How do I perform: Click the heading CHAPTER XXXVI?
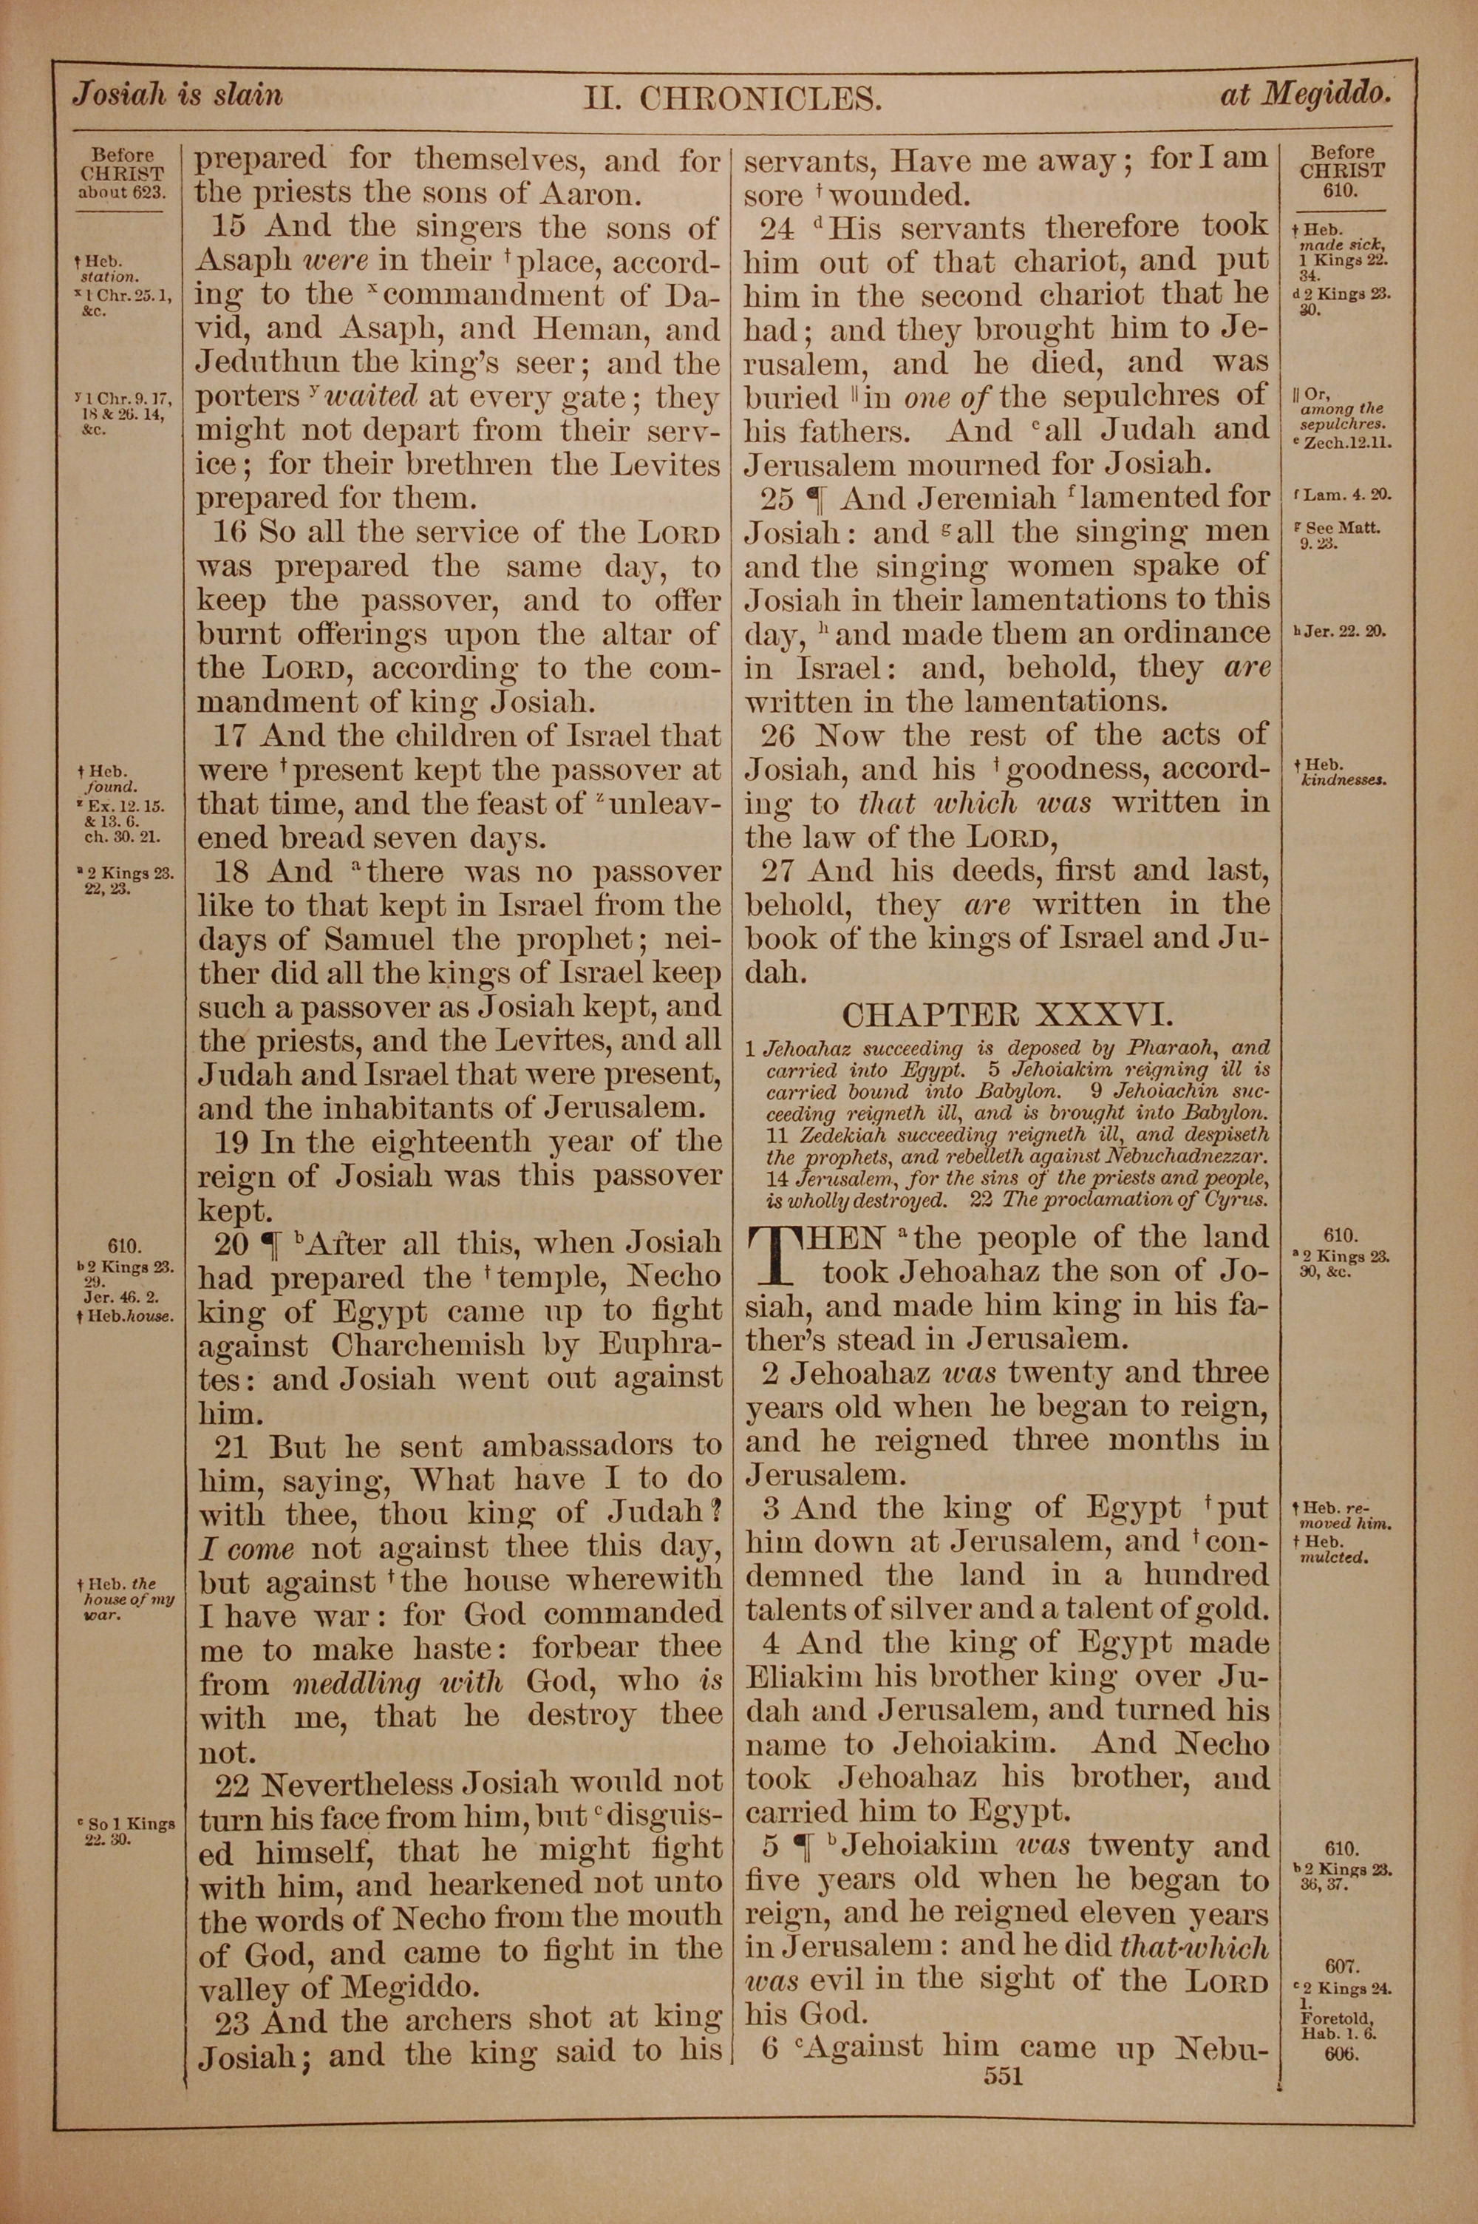[x=1007, y=1015]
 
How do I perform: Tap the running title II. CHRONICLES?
[x=732, y=98]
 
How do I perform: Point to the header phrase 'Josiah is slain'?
[x=178, y=95]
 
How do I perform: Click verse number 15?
[x=231, y=227]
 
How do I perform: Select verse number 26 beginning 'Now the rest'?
[x=779, y=736]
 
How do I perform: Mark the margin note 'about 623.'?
[x=122, y=193]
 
